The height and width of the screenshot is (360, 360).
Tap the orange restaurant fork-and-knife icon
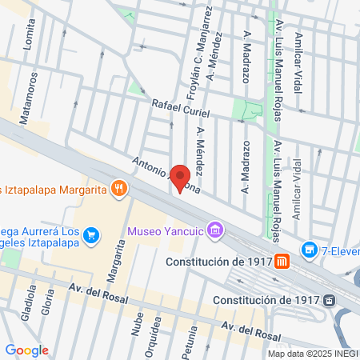pos(120,189)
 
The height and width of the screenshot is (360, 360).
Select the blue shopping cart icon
pos(93,235)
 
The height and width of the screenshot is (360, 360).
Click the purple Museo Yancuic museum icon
pos(214,233)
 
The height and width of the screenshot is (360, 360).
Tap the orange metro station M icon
pos(282,261)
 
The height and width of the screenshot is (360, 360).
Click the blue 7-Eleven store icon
pos(309,250)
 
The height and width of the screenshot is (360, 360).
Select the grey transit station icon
pos(329,300)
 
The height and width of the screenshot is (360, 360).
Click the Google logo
pos(26,350)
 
